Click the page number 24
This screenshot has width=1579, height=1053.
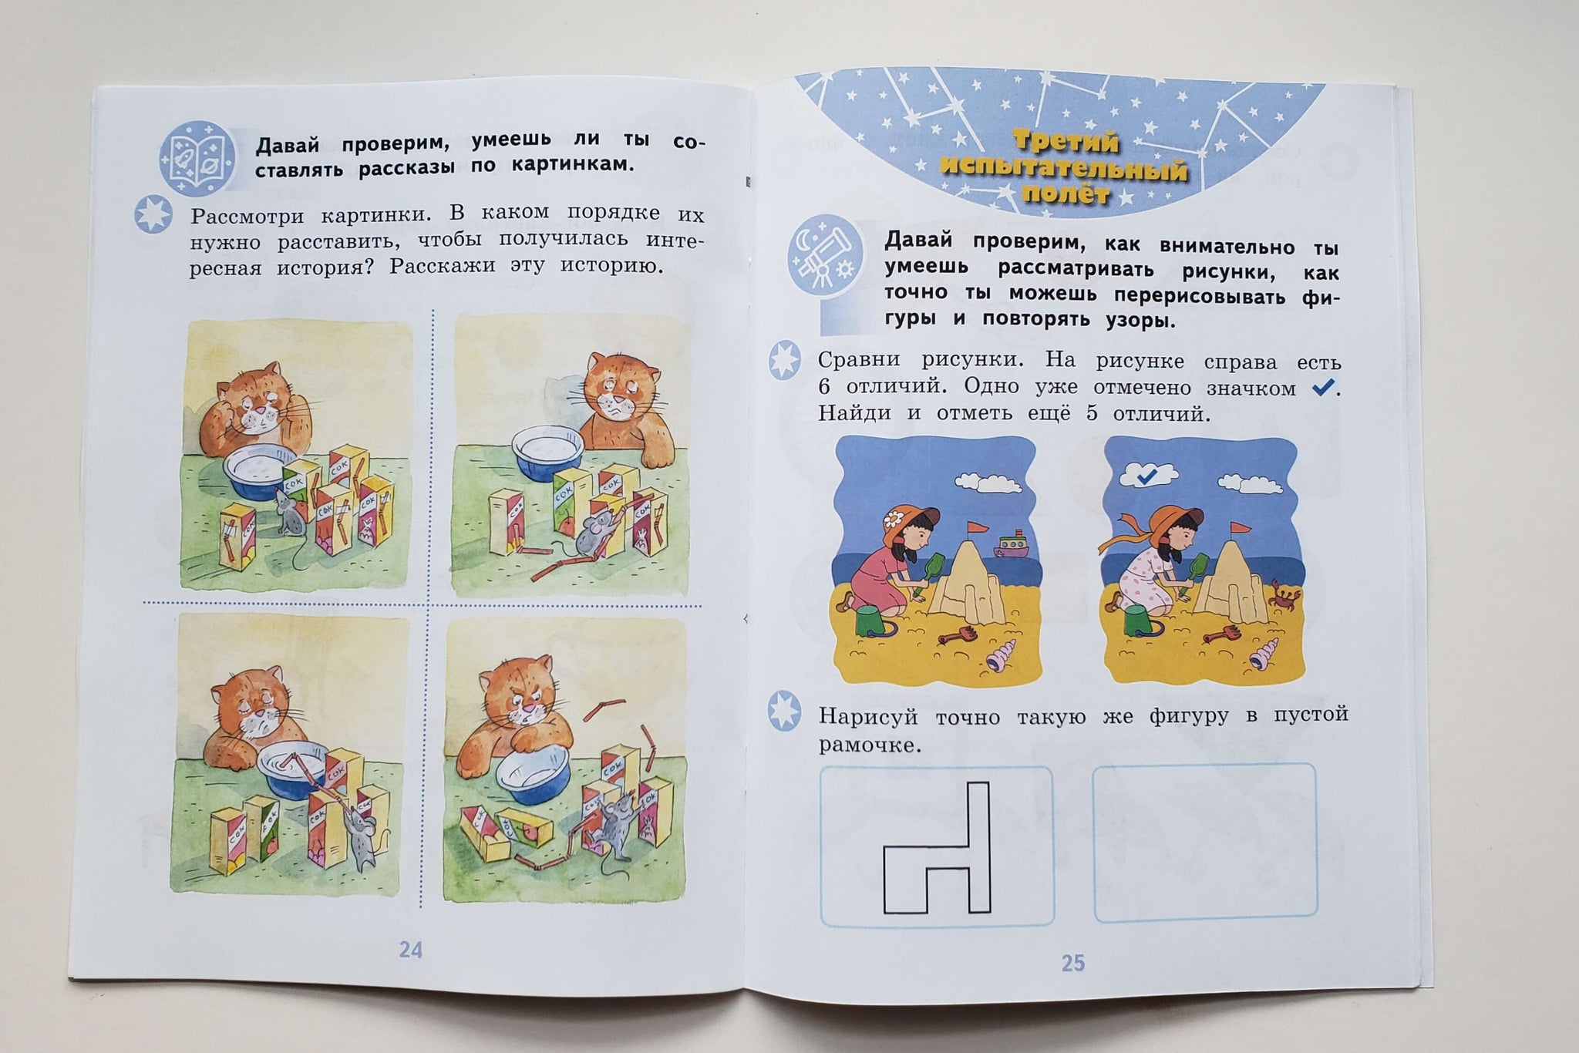pos(411,949)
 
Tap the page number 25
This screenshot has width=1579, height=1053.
pos(1073,963)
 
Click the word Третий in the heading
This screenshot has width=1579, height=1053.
pos(1066,143)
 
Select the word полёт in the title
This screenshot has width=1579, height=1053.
pos(1066,193)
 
